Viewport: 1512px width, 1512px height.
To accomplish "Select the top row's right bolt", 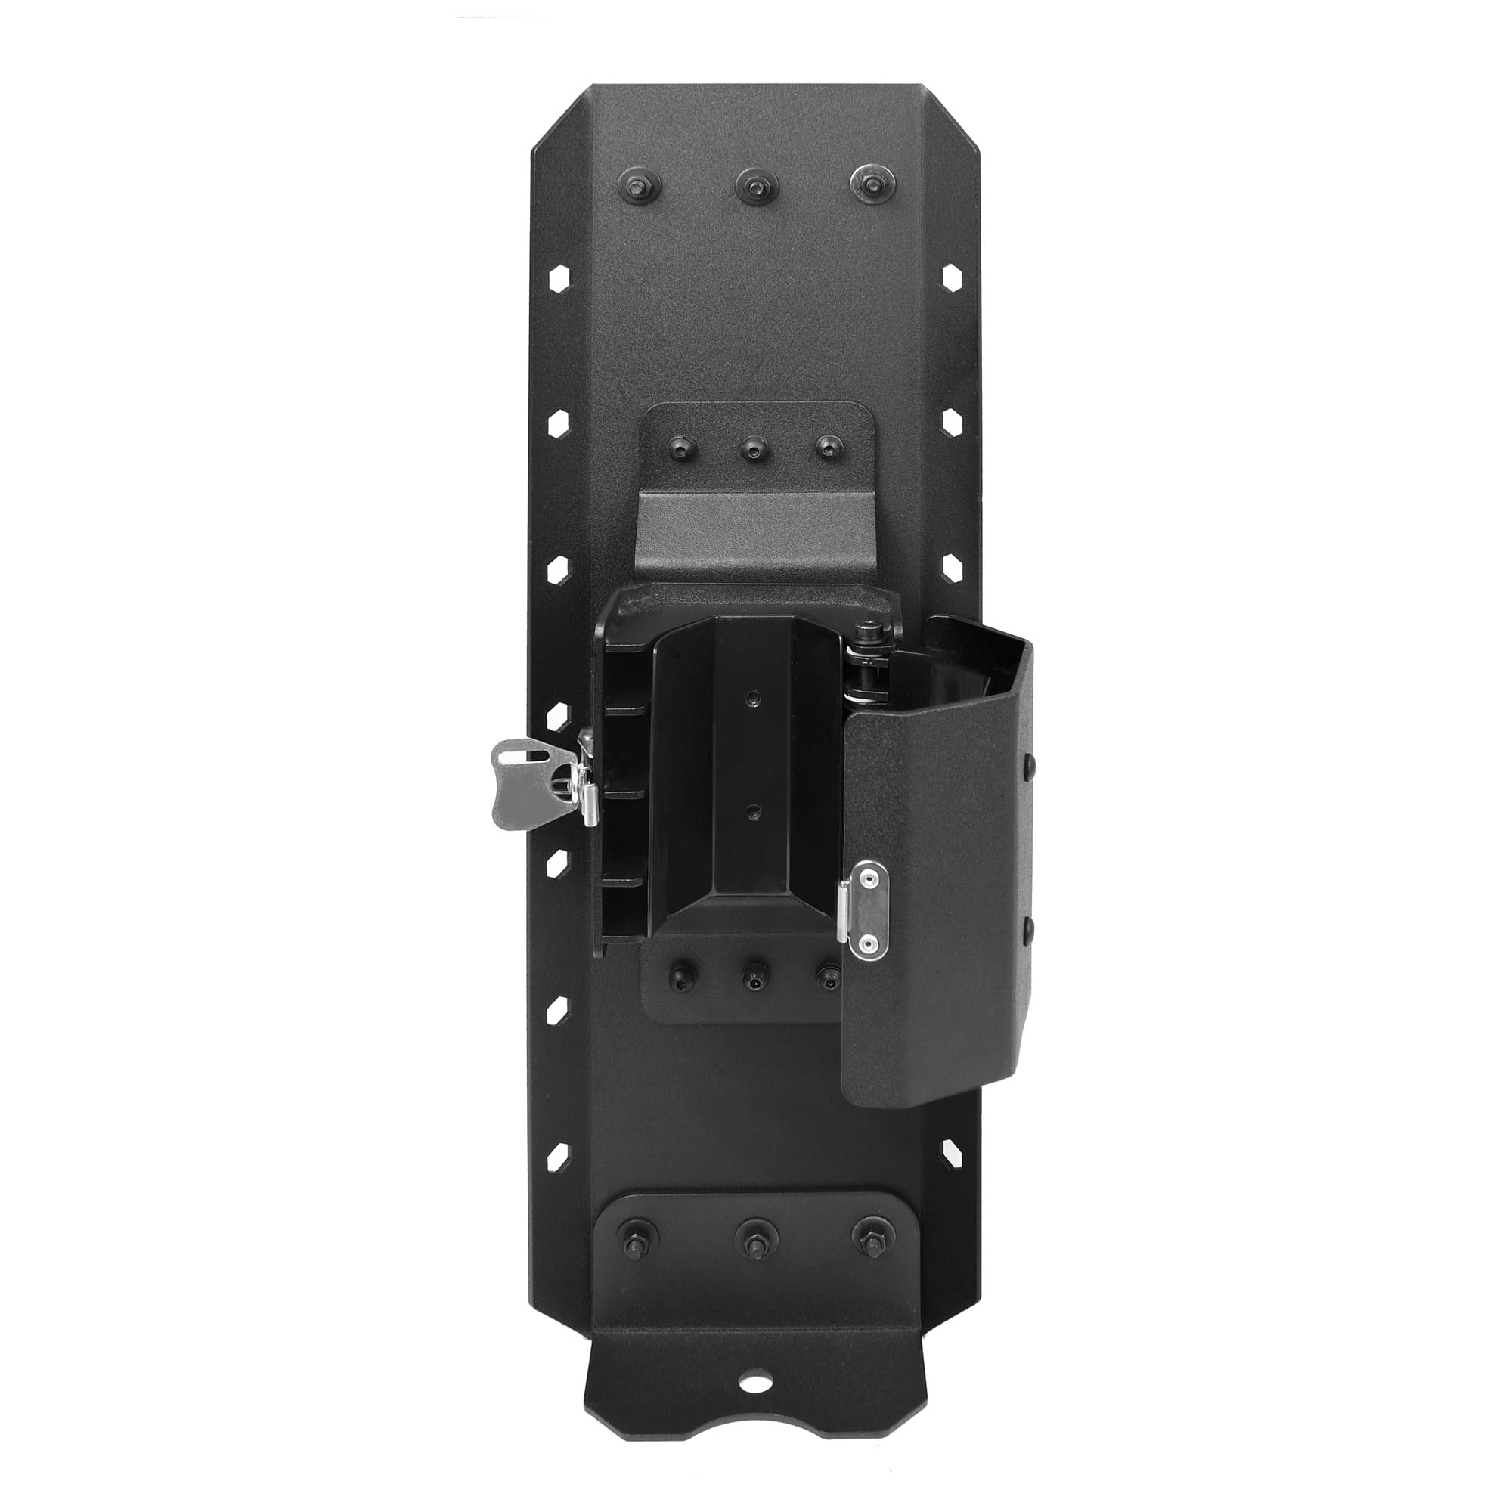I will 870,184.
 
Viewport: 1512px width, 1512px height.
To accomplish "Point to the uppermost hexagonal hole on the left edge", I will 559,279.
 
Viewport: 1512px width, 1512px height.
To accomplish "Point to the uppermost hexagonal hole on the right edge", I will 951,279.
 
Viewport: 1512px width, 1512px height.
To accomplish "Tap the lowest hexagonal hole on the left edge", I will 559,1151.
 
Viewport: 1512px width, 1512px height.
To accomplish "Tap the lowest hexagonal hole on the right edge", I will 951,1151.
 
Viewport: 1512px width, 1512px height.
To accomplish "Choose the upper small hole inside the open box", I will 753,696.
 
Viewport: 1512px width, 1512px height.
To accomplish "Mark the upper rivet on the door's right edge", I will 1029,763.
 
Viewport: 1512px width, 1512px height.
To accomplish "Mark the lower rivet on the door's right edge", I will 1029,928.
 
